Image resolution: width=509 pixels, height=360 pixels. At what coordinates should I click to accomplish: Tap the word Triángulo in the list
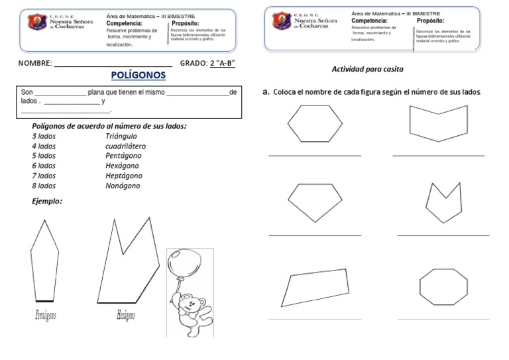pyautogui.click(x=121, y=135)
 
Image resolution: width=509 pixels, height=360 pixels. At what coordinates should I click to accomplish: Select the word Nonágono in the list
pyautogui.click(x=123, y=186)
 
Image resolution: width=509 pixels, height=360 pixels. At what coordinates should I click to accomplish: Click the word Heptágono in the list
pyautogui.click(x=124, y=176)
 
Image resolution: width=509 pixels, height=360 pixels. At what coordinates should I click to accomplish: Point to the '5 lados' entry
pyautogui.click(x=44, y=156)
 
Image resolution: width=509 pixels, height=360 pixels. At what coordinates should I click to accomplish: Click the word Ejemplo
pyautogui.click(x=47, y=201)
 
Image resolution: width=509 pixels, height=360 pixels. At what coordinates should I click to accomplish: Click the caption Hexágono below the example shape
pyautogui.click(x=126, y=315)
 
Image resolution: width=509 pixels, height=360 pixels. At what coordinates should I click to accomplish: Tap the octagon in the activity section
pyautogui.click(x=445, y=285)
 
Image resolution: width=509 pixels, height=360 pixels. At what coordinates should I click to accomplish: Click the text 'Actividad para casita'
pyautogui.click(x=367, y=69)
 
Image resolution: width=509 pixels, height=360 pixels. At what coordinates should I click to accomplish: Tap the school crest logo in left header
pyautogui.click(x=36, y=23)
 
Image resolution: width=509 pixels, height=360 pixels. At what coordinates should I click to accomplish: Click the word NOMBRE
pyautogui.click(x=34, y=63)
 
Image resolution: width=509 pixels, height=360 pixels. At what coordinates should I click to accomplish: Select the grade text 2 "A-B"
pyautogui.click(x=223, y=63)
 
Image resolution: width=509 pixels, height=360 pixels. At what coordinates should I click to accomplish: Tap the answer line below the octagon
pyautogui.click(x=443, y=319)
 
